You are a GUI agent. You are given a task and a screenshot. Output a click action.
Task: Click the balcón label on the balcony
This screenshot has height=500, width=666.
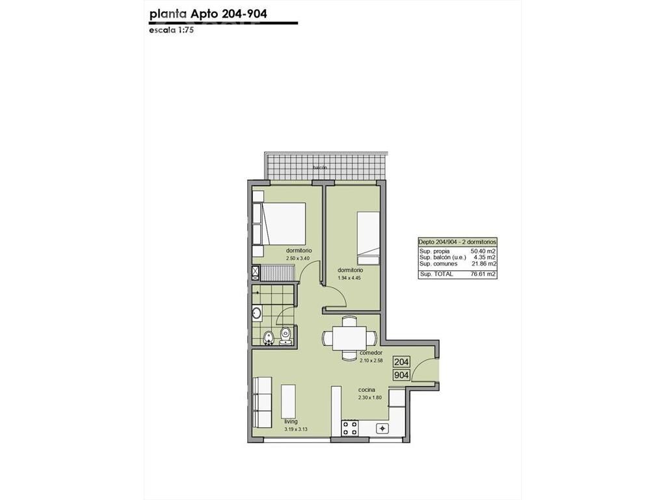(320, 167)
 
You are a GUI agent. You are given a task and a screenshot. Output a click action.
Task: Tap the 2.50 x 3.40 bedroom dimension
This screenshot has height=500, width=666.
(298, 258)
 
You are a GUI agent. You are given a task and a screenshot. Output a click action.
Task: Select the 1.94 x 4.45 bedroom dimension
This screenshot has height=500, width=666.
(349, 278)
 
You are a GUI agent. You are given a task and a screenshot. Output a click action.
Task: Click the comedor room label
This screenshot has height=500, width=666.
(371, 353)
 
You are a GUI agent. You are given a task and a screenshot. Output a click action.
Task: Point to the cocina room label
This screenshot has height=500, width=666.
(367, 390)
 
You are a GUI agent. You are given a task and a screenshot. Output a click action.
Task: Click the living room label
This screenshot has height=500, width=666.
(291, 422)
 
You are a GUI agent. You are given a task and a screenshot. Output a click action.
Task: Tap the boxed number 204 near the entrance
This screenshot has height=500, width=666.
(402, 362)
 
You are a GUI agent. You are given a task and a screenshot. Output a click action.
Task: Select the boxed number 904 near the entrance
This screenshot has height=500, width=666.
(402, 375)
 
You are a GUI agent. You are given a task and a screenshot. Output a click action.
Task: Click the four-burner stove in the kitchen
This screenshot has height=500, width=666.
(351, 428)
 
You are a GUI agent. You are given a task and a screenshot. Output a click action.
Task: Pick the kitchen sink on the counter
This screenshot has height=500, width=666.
(382, 428)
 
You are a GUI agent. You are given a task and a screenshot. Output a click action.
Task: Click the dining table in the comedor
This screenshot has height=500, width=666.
(349, 338)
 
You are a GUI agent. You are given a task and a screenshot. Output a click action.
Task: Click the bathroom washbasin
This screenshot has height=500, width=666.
(256, 314)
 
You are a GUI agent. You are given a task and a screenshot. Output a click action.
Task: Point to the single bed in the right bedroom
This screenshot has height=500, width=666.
(368, 238)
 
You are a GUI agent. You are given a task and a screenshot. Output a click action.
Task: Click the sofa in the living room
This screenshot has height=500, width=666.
(262, 402)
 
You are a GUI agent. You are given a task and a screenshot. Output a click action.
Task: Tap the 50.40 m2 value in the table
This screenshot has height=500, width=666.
(483, 251)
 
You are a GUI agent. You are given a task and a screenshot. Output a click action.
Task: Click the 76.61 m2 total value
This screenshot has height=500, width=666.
(483, 274)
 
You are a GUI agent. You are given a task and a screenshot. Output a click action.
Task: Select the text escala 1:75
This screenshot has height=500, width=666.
(172, 31)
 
